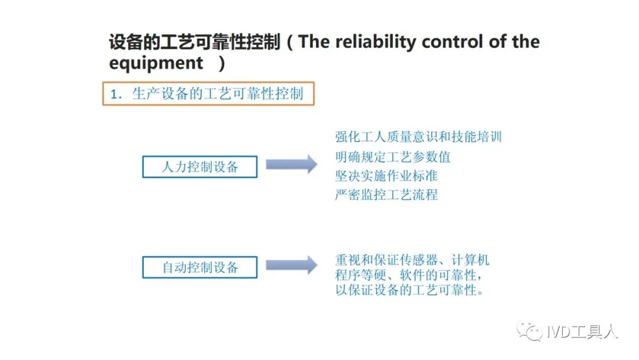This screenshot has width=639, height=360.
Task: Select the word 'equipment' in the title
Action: pyautogui.click(x=156, y=63)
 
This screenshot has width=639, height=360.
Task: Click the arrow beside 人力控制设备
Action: pyautogui.click(x=291, y=164)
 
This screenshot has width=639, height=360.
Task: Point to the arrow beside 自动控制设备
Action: pyautogui.click(x=291, y=265)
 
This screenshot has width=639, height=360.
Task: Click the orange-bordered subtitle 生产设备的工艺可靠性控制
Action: pyautogui.click(x=208, y=94)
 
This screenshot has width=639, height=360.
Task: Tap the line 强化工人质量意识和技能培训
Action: pyautogui.click(x=418, y=137)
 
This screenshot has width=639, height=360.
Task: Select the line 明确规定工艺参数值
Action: pyautogui.click(x=393, y=157)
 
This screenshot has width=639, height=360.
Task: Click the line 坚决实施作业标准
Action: pyautogui.click(x=386, y=176)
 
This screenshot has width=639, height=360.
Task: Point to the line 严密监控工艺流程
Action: pyautogui.click(x=386, y=194)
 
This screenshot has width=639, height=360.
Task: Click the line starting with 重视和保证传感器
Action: pyautogui.click(x=412, y=260)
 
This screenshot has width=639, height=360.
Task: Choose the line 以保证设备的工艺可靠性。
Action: pyautogui.click(x=409, y=290)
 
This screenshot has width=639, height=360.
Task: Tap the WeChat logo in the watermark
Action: pyautogui.click(x=530, y=332)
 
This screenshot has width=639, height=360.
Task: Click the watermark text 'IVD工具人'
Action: pyautogui.click(x=582, y=332)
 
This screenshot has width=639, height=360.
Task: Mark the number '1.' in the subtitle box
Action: pyautogui.click(x=116, y=95)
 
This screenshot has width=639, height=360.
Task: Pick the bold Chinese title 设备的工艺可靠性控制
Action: pyautogui.click(x=195, y=42)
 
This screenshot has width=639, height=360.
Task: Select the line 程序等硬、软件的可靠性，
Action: pyautogui.click(x=409, y=275)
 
